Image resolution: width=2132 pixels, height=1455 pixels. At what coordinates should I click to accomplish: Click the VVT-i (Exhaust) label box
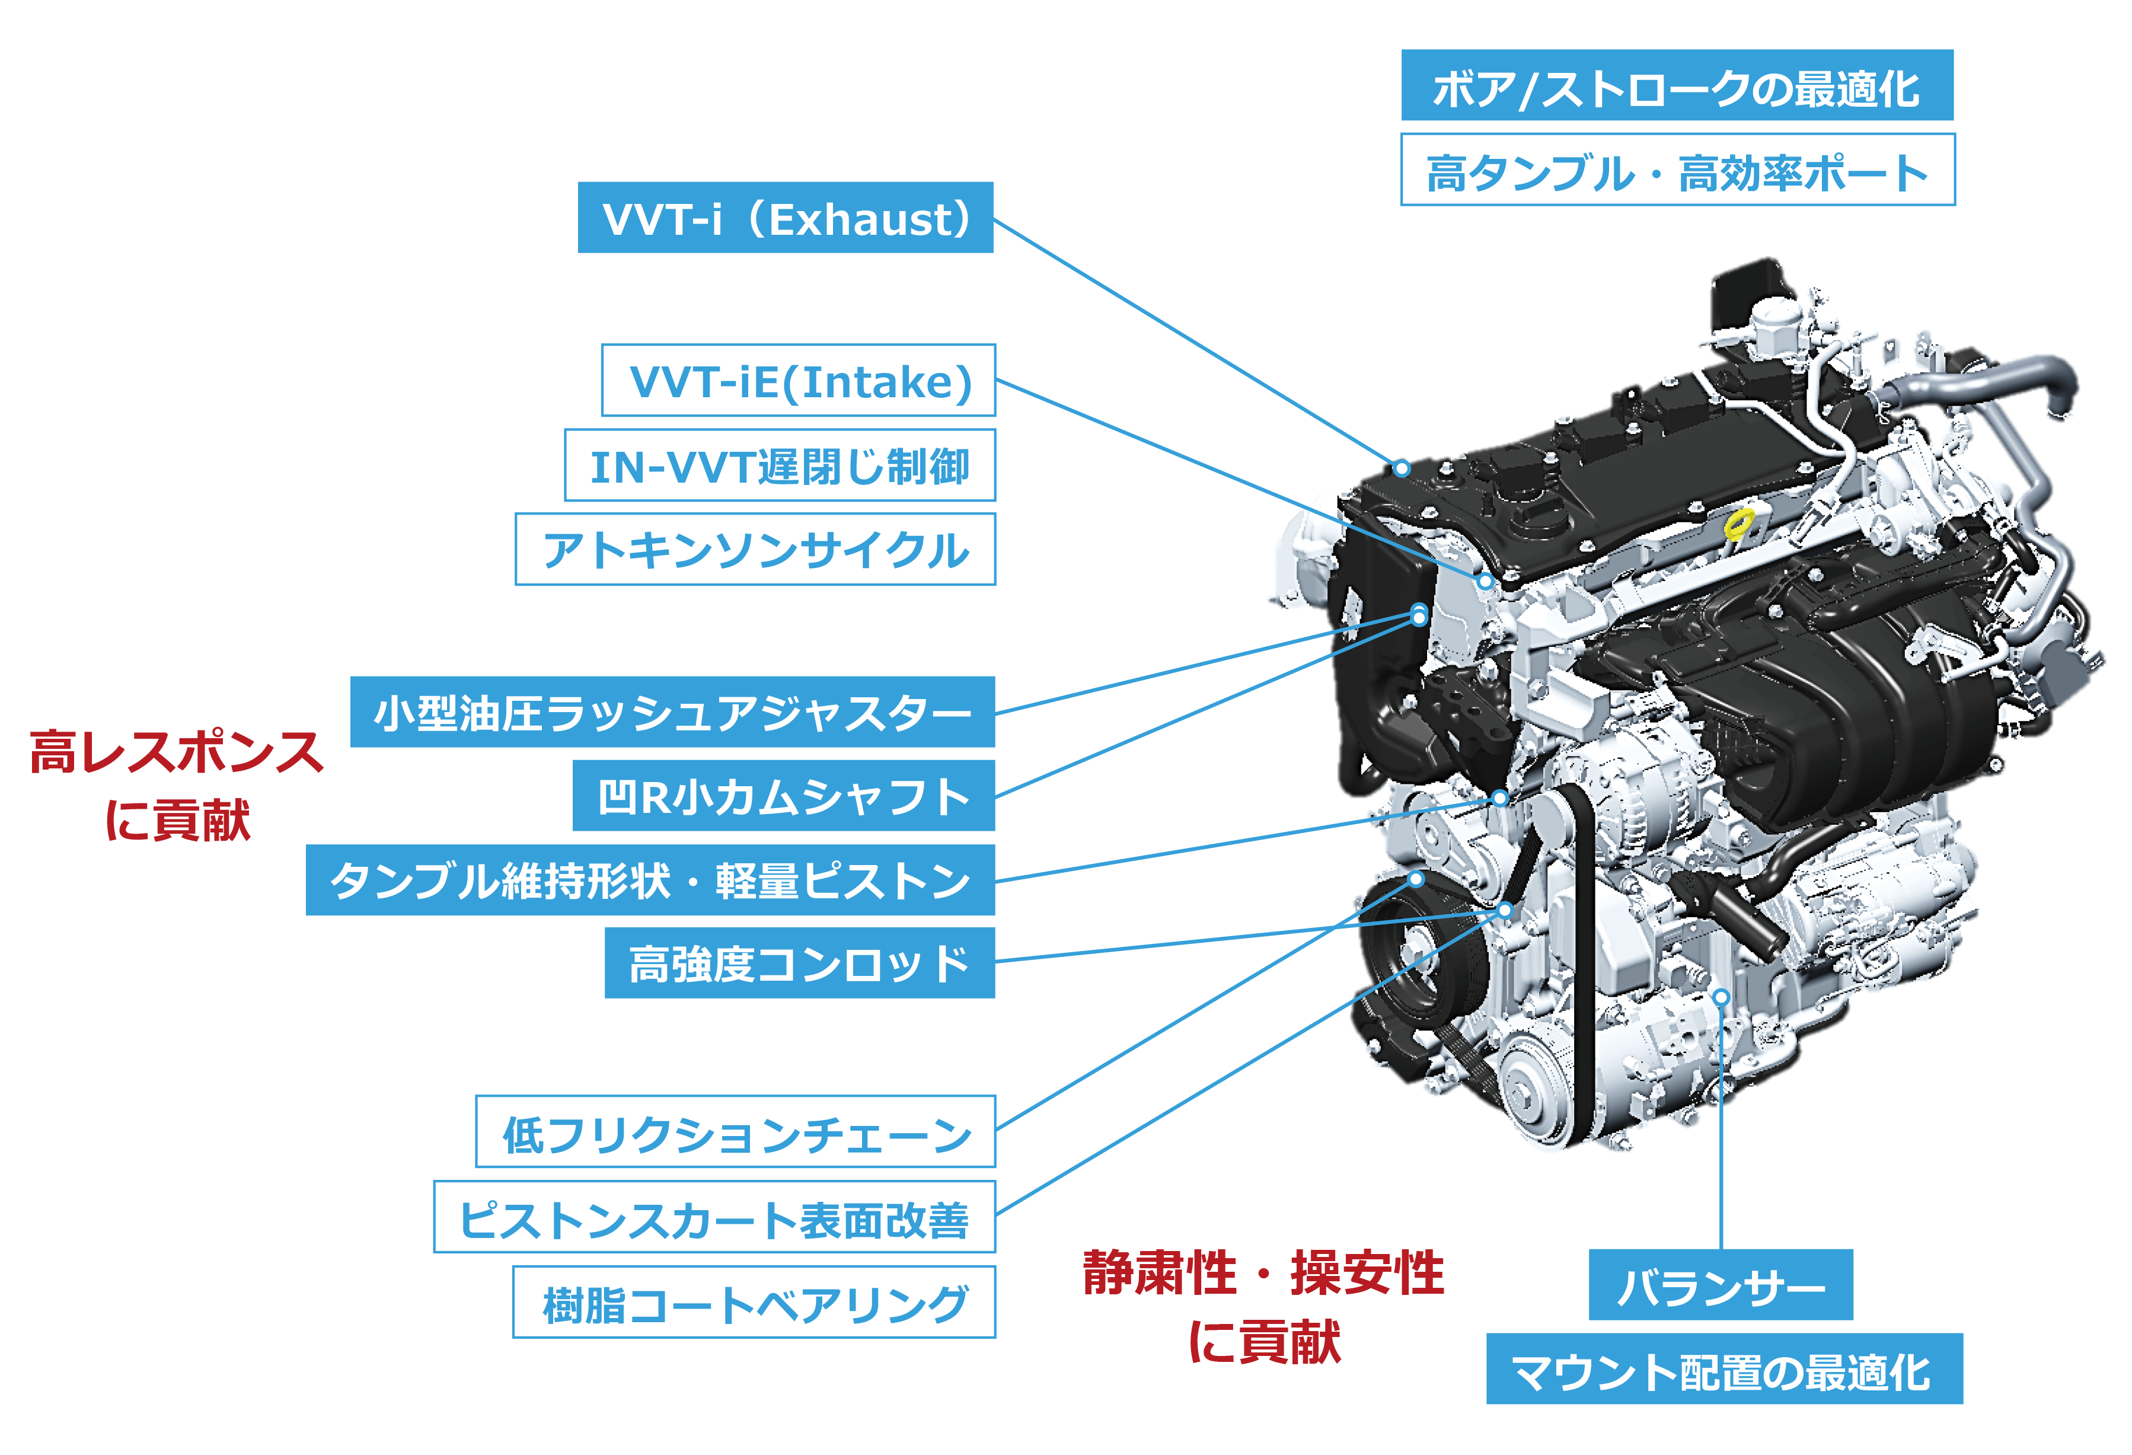[x=786, y=218]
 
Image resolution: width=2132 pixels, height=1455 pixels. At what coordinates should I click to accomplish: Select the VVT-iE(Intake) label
[x=798, y=381]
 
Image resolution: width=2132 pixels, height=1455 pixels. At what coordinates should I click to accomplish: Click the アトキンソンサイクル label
[x=755, y=550]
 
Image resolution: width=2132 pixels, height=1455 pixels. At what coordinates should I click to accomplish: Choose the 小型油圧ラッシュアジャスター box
[x=672, y=712]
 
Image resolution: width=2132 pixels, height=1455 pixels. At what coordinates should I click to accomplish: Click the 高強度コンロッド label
[x=799, y=963]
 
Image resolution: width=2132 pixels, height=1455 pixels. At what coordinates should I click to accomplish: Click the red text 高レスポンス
[x=176, y=752]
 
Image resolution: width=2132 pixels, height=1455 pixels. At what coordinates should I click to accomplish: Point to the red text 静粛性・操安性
[x=1263, y=1274]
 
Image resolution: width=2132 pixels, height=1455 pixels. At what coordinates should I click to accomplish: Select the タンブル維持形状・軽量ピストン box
[x=650, y=880]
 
